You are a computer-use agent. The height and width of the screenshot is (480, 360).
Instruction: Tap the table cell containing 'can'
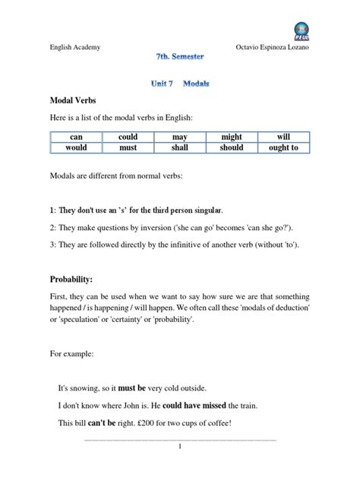pos(76,137)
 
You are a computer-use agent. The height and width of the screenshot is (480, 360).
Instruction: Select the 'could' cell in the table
pos(128,137)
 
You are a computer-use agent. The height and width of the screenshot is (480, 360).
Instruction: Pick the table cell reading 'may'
pos(180,137)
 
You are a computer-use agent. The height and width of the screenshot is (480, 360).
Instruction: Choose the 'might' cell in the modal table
pos(232,137)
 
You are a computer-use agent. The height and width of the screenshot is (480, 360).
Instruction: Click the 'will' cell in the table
pos(284,137)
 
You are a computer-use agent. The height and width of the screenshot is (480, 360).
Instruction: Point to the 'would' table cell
pos(76,148)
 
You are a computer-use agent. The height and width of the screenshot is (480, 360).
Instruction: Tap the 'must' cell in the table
pos(128,148)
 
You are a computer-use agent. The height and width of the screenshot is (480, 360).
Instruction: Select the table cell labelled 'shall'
pos(180,148)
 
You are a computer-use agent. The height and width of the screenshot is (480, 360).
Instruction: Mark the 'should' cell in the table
pos(232,148)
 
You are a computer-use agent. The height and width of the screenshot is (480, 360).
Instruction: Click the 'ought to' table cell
pos(284,148)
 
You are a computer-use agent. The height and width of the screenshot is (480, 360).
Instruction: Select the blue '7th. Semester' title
pos(179,57)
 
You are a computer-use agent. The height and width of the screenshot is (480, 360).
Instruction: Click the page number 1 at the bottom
pos(180,447)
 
